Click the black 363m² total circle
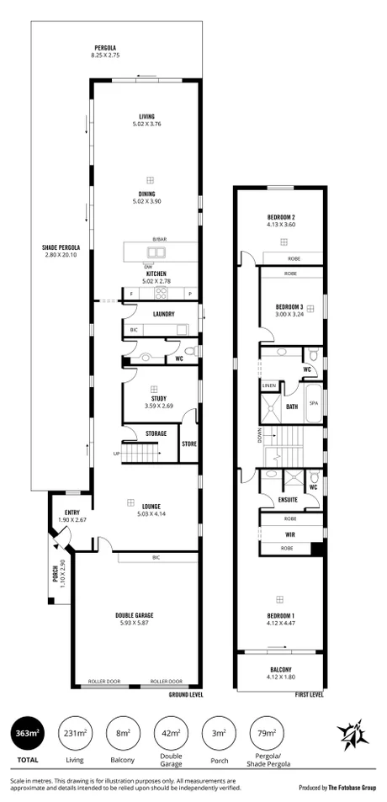coord(29,734)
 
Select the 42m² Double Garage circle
coord(171,734)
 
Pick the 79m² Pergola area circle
coord(266,734)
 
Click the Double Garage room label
coord(135,615)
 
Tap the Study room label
coord(152,398)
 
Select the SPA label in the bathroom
coord(313,402)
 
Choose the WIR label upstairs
coord(278,534)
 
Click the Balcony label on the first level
coord(279,670)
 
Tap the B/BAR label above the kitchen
coord(158,240)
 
